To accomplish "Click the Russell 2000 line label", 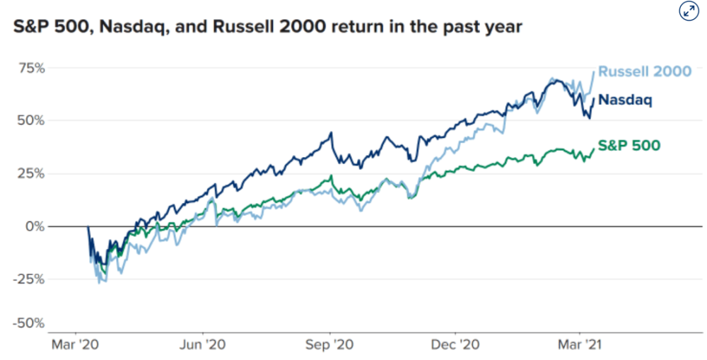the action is point(644,71).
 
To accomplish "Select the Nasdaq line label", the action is point(625,100).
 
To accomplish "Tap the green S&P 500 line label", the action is point(629,145).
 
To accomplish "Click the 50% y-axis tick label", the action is point(33,121).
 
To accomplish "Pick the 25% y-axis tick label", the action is point(33,174).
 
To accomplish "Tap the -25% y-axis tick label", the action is point(30,279).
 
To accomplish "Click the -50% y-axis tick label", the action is point(30,323).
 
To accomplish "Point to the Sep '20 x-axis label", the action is point(329,345).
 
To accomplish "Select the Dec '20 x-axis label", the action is point(455,345).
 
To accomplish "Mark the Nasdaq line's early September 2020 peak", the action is point(332,132).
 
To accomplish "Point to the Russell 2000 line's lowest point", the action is point(100,283).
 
